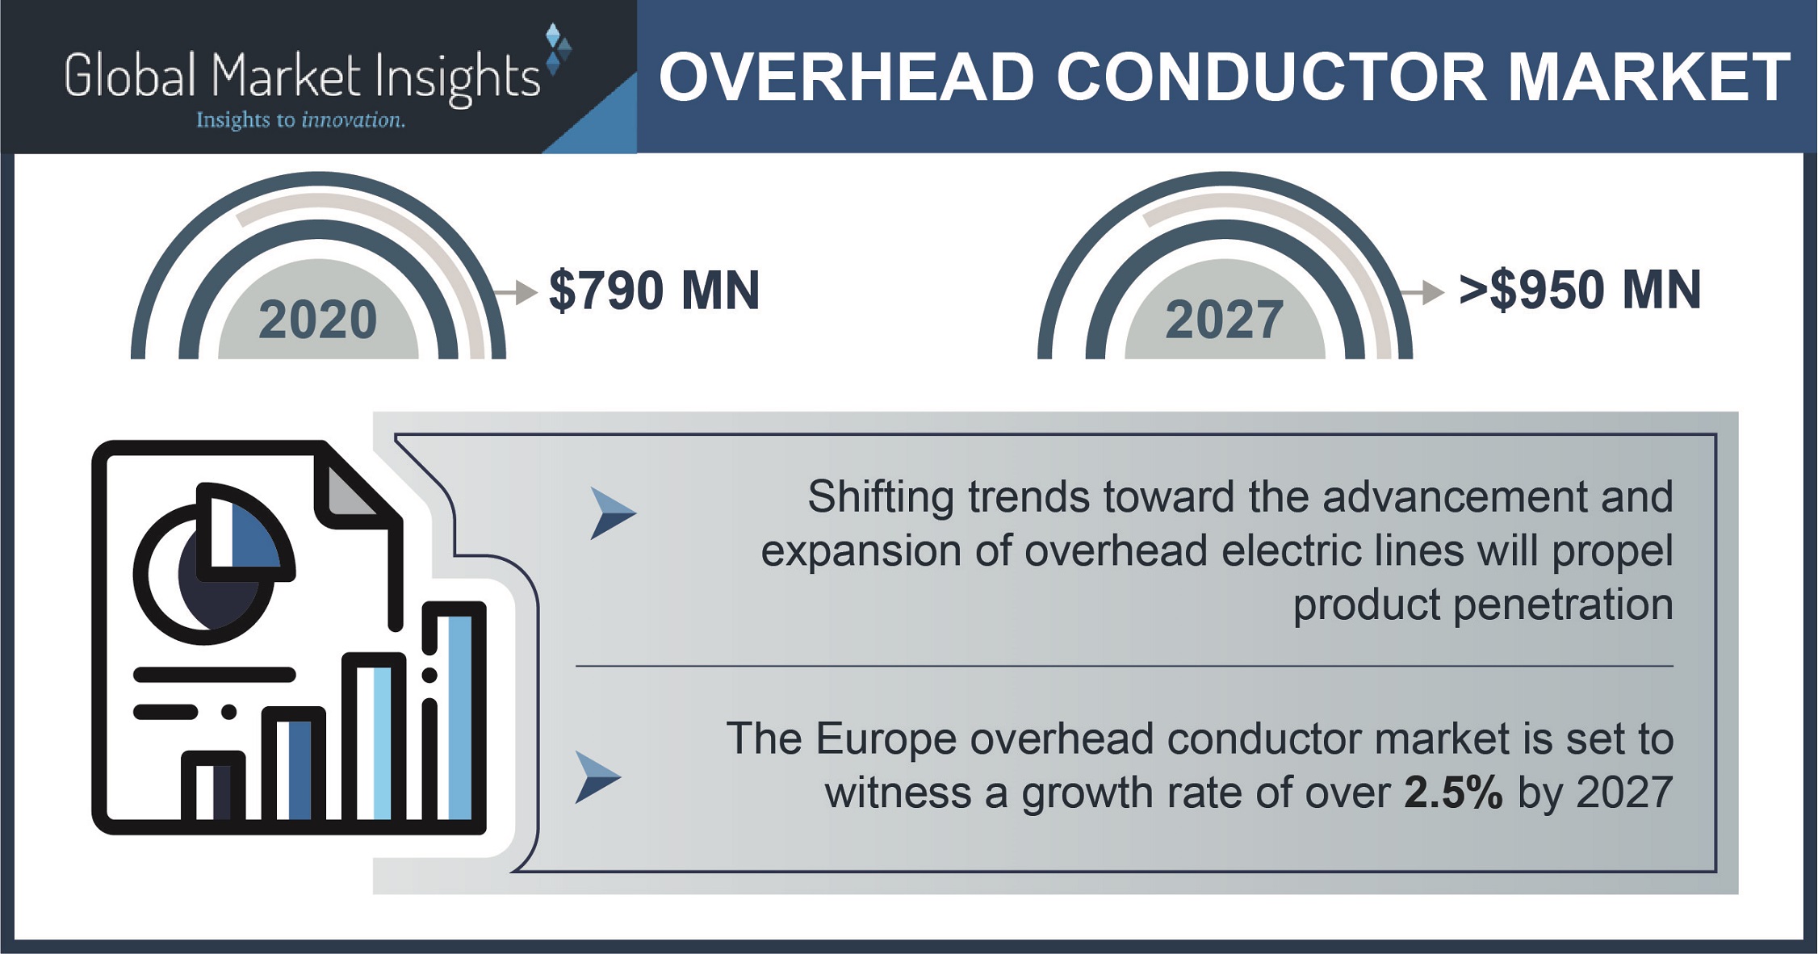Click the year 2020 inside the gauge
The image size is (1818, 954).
(x=317, y=320)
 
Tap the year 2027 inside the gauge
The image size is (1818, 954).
(x=1224, y=320)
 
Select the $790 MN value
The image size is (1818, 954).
(x=654, y=291)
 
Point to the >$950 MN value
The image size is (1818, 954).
(x=1580, y=291)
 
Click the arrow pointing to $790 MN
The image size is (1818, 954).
(x=515, y=292)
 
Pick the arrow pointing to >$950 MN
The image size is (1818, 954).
(x=1422, y=292)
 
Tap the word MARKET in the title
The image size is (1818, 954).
(x=1648, y=77)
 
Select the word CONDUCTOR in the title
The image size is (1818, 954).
(x=1271, y=77)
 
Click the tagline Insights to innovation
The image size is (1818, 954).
(x=300, y=120)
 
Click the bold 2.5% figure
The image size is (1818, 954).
(x=1453, y=793)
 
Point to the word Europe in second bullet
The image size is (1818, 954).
(x=886, y=739)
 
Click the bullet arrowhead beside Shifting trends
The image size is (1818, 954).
(x=613, y=513)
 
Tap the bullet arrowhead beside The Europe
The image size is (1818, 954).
(x=597, y=777)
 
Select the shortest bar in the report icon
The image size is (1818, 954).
(x=213, y=789)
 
